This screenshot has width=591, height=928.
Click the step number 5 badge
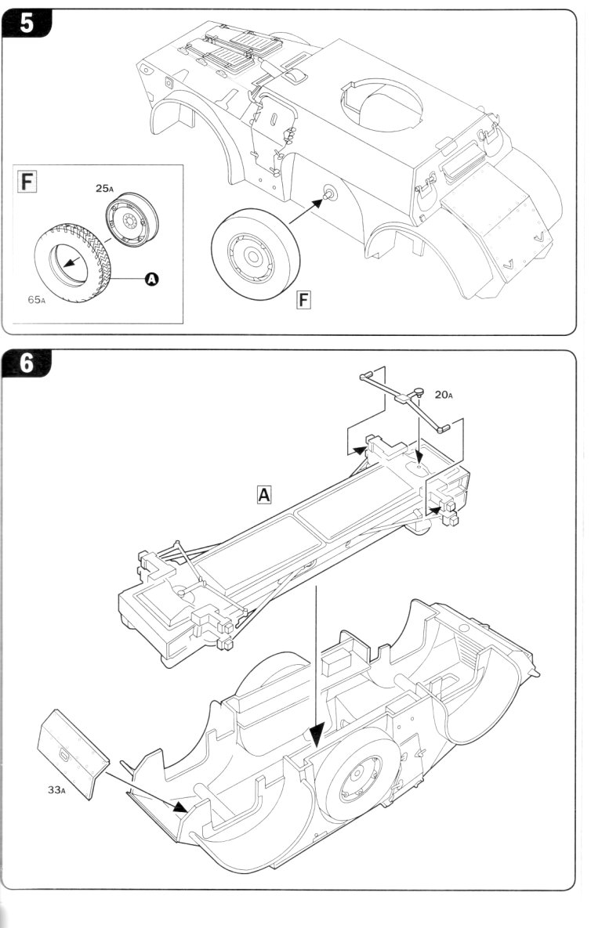pyautogui.click(x=27, y=23)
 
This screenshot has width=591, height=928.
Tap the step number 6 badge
pyautogui.click(x=27, y=363)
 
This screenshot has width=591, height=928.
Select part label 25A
pyautogui.click(x=104, y=188)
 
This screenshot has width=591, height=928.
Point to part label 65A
pyautogui.click(x=36, y=299)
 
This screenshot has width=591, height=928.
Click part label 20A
pyautogui.click(x=444, y=394)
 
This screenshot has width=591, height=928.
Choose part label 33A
pyautogui.click(x=57, y=789)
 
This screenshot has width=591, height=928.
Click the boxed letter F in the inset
pyautogui.click(x=27, y=181)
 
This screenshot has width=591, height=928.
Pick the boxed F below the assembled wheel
pyautogui.click(x=303, y=300)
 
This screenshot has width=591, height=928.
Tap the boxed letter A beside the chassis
pyautogui.click(x=263, y=494)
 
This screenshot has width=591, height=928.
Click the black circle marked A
pyautogui.click(x=152, y=278)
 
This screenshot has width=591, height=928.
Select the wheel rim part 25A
pyautogui.click(x=132, y=219)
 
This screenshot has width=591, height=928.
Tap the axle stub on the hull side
pyautogui.click(x=328, y=193)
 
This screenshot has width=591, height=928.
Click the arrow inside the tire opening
pyautogui.click(x=73, y=260)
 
